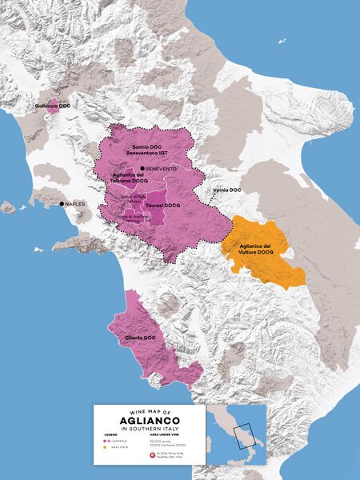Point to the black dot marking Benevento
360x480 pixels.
(142, 168)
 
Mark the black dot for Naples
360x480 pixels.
(62, 204)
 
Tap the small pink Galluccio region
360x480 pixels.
(54, 106)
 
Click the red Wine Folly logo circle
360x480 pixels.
(153, 455)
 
